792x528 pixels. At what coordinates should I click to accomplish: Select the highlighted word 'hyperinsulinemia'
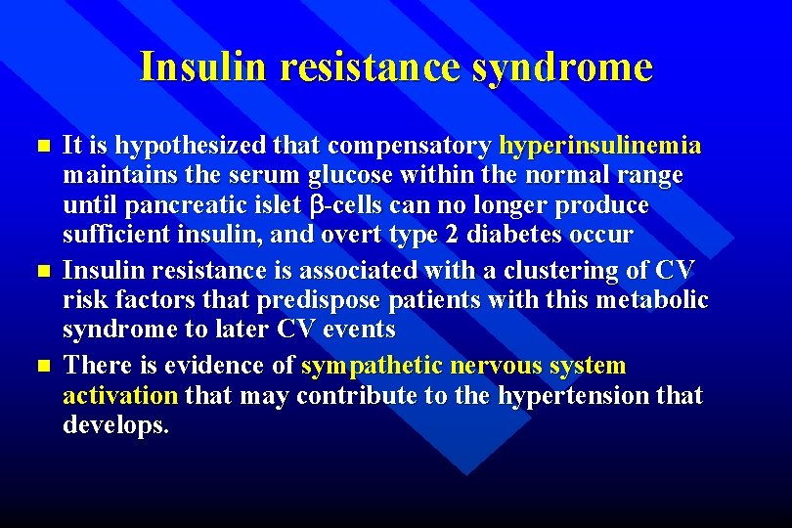[599, 146]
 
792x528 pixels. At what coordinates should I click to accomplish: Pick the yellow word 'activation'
[120, 395]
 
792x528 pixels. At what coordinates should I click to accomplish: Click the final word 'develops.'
[115, 425]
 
